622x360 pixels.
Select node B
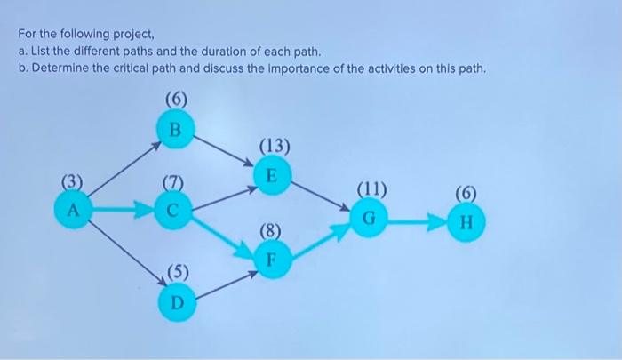click(175, 129)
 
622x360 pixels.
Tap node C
click(174, 211)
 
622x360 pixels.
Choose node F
click(273, 260)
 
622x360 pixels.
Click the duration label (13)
click(274, 145)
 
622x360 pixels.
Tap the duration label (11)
click(371, 188)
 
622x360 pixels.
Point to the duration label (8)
click(272, 233)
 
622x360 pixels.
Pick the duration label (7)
click(174, 184)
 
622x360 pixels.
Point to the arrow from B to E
click(224, 150)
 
